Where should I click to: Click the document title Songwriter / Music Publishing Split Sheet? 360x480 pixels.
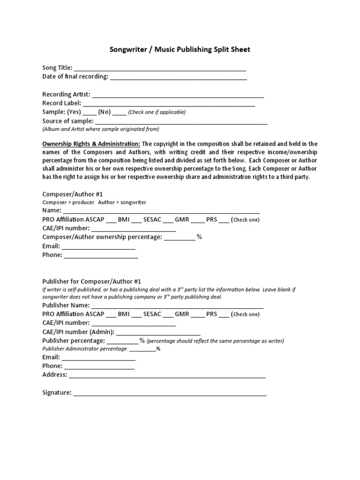tap(180, 50)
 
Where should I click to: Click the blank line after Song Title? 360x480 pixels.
tap(160, 68)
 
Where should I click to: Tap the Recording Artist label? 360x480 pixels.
tap(66, 94)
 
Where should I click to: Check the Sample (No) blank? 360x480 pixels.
tap(119, 113)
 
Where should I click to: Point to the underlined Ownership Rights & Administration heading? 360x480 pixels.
tap(91, 144)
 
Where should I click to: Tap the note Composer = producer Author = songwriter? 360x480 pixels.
tap(94, 202)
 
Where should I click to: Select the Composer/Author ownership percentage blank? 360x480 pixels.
tap(180, 238)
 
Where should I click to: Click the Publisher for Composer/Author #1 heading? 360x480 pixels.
tap(91, 281)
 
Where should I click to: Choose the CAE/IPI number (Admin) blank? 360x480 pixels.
tap(158, 333)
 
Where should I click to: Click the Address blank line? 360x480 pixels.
tap(167, 376)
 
